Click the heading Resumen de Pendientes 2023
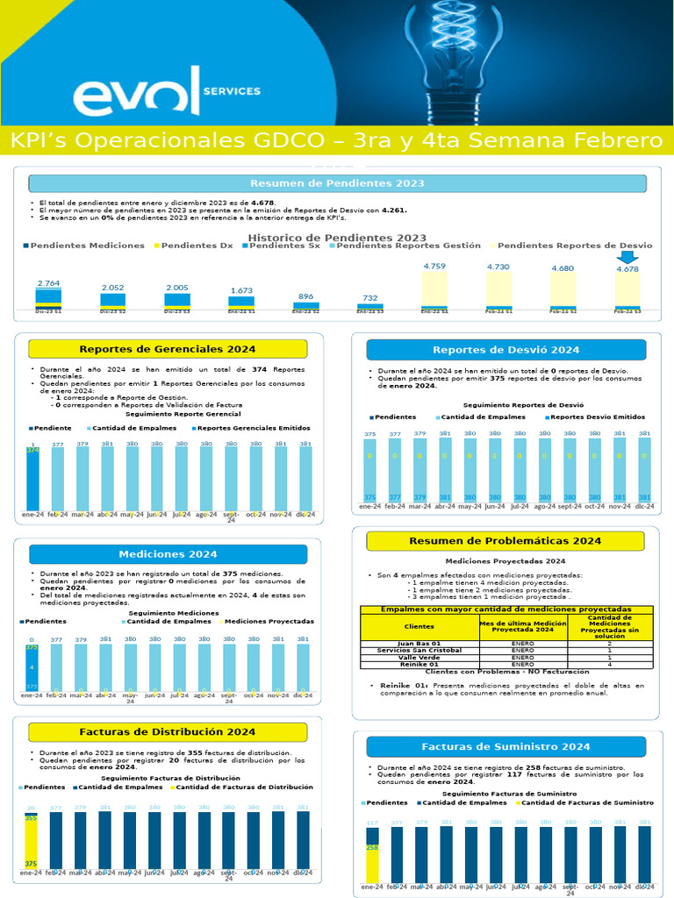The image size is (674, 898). click(337, 183)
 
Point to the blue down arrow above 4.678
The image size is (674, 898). click(627, 256)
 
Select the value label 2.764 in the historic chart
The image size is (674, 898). click(48, 283)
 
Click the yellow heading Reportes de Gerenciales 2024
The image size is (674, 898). click(168, 349)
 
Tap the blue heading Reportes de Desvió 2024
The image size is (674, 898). click(505, 349)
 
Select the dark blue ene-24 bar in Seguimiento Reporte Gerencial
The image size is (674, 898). click(33, 478)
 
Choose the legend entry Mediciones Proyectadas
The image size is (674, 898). click(269, 621)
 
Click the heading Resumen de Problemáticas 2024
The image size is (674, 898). click(505, 541)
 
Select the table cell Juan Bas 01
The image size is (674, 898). click(419, 643)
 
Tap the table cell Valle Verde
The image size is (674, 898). click(419, 657)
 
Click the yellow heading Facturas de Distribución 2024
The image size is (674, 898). click(168, 731)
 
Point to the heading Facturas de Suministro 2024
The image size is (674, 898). click(505, 746)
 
